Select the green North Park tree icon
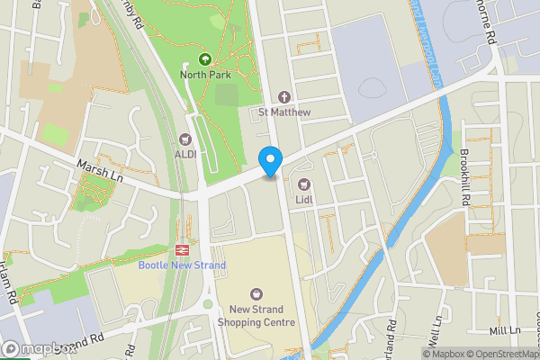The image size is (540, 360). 204,59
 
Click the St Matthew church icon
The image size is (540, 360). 284,97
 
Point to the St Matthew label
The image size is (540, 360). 284,112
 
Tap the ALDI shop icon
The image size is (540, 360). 186,139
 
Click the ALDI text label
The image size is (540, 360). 186,154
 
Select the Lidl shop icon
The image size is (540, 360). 304,184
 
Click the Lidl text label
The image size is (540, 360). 304,199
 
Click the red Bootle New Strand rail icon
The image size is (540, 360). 181,250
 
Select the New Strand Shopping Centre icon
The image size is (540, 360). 256,293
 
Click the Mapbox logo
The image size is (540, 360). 38,349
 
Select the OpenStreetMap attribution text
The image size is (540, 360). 496,354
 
